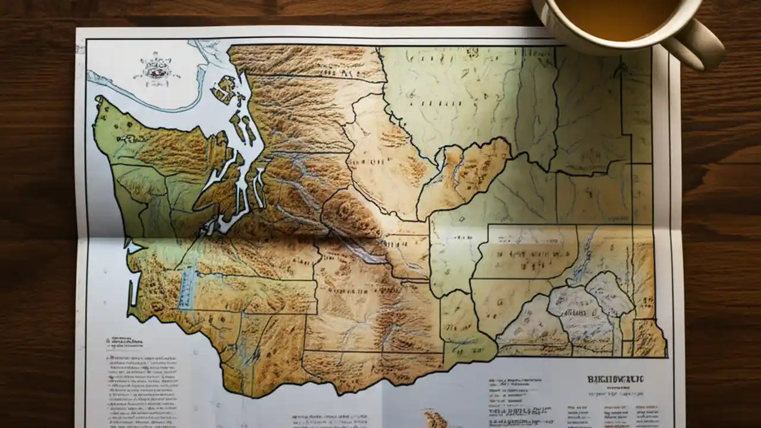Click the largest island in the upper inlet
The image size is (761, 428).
(225, 89)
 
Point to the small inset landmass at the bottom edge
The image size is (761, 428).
(436, 419)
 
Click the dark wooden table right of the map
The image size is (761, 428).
(719, 238)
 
